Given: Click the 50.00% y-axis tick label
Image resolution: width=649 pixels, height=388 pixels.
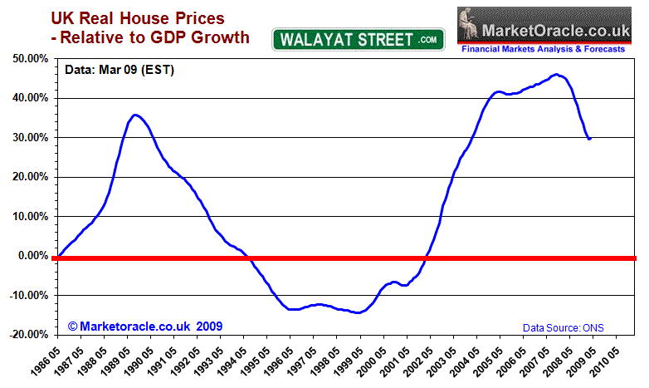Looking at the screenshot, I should tap(28, 59).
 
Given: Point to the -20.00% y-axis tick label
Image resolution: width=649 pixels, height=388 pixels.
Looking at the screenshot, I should tap(27, 335).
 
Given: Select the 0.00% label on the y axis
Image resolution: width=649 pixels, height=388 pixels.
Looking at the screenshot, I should tap(32, 256).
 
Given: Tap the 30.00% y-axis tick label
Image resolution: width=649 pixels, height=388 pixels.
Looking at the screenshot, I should tap(28, 138).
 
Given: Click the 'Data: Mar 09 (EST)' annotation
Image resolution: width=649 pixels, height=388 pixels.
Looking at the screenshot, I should tap(120, 70).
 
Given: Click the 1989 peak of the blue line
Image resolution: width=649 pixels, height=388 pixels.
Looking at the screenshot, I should tap(136, 115).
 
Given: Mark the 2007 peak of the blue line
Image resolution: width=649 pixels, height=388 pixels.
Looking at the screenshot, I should tap(557, 75).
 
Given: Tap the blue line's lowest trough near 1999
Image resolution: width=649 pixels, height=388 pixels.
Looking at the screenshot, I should tap(357, 312).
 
